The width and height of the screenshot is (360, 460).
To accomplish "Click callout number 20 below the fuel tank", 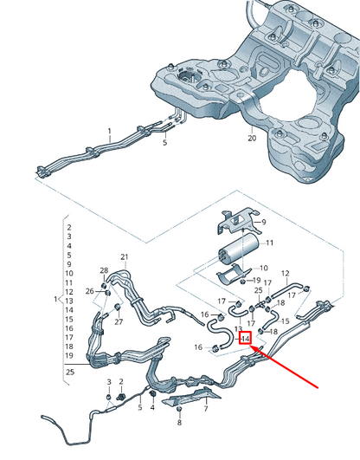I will [x=252, y=138].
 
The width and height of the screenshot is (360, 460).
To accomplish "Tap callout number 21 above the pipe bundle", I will [x=125, y=257].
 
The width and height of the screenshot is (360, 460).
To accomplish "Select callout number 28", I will [x=104, y=272].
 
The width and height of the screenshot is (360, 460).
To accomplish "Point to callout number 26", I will [x=90, y=291].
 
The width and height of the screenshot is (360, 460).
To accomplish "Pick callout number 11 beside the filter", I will [x=269, y=243].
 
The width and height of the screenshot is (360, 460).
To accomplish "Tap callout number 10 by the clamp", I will [x=264, y=269].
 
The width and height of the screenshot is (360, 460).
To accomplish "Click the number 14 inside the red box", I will [x=245, y=338].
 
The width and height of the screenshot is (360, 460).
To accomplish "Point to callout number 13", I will [x=238, y=329].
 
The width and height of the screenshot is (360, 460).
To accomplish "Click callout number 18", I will [x=273, y=331].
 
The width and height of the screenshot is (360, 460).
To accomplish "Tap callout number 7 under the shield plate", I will [x=206, y=403].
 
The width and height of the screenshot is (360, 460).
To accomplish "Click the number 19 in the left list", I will [x=68, y=356].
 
